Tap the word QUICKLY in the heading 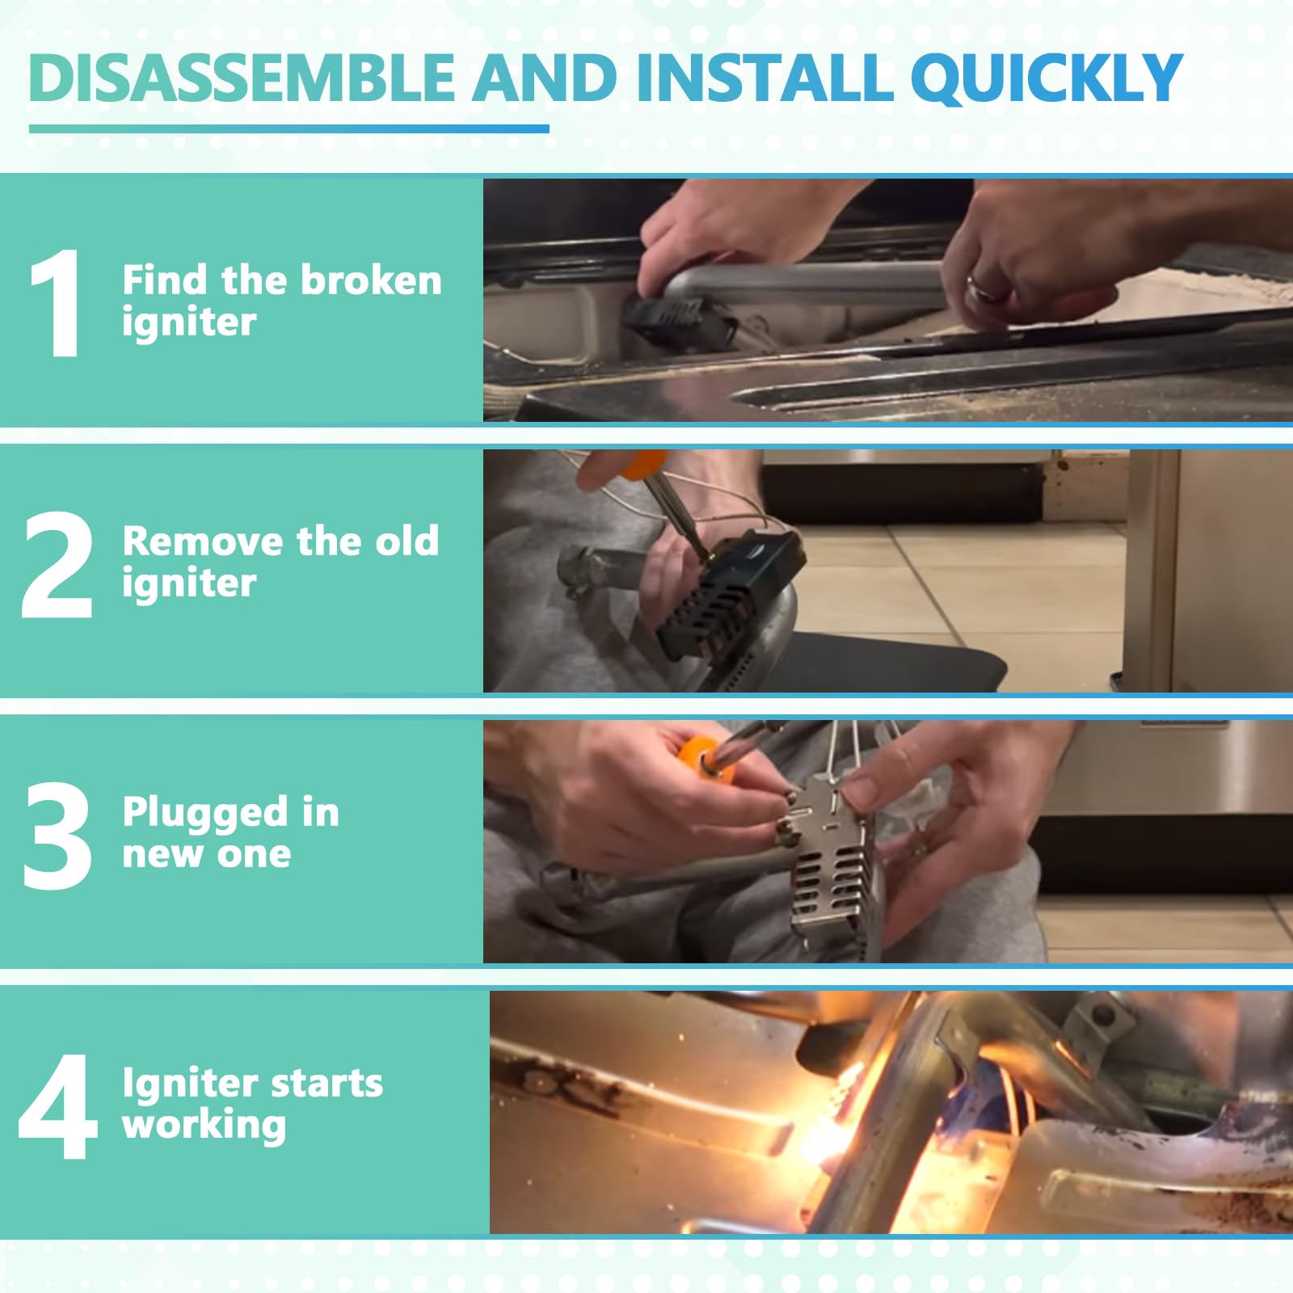(x=1047, y=78)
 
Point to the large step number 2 (x=57, y=565)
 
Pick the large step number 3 (x=57, y=836)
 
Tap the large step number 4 (x=58, y=1106)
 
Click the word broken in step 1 (x=372, y=280)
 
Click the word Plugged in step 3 (x=205, y=814)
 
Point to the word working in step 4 (x=204, y=1126)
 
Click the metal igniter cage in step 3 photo (x=832, y=865)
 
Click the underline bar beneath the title (x=289, y=128)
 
